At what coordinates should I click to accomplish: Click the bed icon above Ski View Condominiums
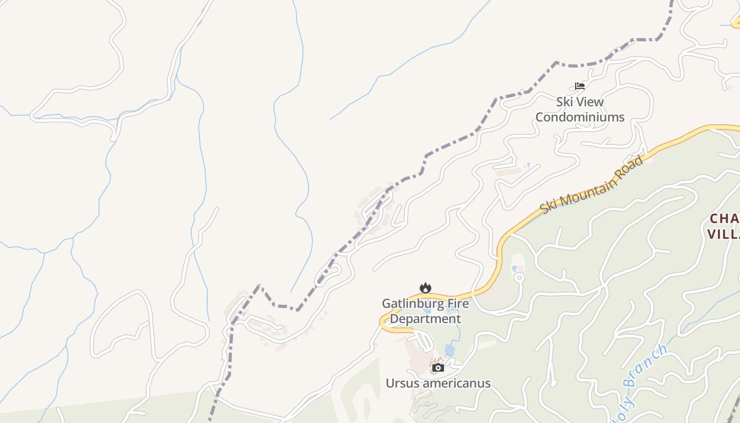580,86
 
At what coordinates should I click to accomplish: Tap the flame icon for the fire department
425,288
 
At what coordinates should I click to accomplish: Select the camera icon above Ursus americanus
438,367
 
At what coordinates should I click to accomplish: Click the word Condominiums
580,117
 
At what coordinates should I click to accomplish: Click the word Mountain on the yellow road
587,191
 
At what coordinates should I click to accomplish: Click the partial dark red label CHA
724,219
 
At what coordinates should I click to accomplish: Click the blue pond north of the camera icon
449,350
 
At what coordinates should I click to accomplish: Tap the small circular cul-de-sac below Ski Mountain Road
519,277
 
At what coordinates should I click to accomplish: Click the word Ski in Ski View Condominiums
565,102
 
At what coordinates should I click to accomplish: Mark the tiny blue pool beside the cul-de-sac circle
514,269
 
